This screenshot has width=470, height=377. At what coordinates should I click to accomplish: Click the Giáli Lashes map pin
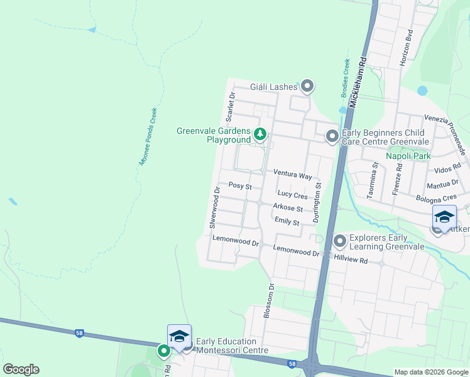307,86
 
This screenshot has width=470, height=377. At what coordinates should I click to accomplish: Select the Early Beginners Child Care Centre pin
332,136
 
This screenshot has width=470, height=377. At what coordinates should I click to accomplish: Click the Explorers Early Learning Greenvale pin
340,241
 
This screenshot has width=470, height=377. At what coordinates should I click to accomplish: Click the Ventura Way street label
292,174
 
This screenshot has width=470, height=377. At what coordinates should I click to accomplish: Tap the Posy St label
240,186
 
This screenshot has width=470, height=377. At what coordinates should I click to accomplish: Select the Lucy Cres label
292,196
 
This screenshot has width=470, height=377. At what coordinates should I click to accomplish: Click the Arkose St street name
288,208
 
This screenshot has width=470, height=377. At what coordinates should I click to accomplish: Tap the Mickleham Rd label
359,82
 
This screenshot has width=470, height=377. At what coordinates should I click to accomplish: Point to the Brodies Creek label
345,78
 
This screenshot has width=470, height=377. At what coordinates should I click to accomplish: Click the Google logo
21,369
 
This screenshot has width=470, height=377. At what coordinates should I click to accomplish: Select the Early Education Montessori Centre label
232,346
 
